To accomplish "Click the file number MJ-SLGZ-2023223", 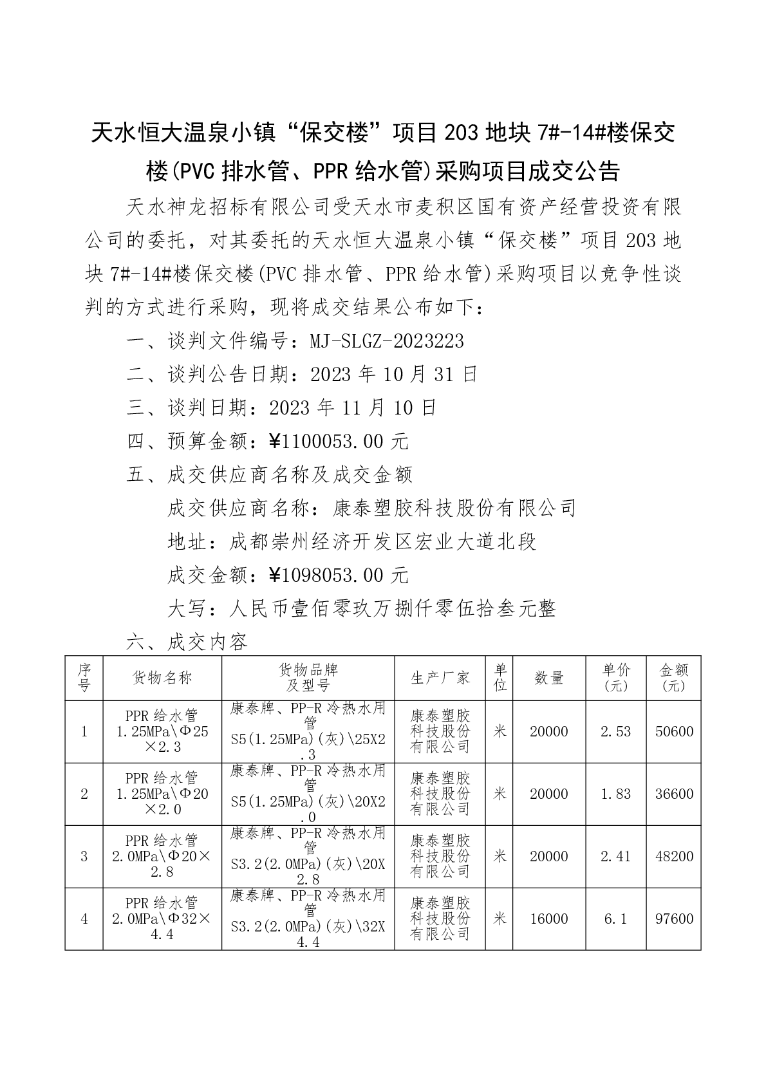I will point(387,341).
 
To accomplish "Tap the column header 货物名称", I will point(162,678).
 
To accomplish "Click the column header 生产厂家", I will point(440,678).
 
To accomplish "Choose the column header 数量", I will point(549,678).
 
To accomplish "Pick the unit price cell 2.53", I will point(615,732).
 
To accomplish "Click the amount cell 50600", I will point(674,732).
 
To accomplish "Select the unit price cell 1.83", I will point(615,794).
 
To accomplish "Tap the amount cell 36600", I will point(674,794).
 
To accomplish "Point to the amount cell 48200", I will point(674,857).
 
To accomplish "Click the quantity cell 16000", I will point(549,919).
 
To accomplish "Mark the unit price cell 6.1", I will point(615,919).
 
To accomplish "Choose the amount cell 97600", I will point(674,919).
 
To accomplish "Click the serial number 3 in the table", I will point(84,857).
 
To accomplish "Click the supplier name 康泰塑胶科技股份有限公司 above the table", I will point(454,509).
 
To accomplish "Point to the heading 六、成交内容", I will point(187,642).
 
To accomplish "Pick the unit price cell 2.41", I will point(615,857).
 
